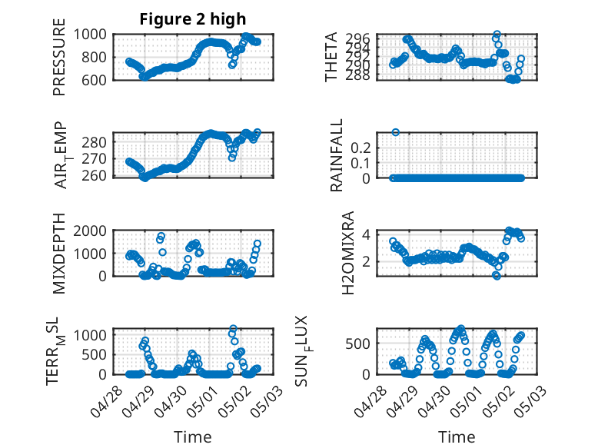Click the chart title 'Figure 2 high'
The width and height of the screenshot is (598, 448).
[x=193, y=19]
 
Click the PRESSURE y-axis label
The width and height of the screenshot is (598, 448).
[x=59, y=57]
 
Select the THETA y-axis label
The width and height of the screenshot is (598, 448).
[x=331, y=57]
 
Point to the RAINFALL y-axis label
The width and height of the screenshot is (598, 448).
[x=337, y=155]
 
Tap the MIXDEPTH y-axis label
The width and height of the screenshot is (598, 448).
[x=59, y=254]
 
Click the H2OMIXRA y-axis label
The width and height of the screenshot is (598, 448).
[x=348, y=253]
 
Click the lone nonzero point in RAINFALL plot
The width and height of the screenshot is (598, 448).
[x=396, y=132]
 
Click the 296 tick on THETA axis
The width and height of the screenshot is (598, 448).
[x=357, y=38]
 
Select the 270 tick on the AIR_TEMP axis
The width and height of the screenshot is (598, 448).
[x=94, y=158]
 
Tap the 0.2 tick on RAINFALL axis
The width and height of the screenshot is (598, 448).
[x=360, y=148]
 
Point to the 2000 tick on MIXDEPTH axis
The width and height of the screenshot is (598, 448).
[x=90, y=231]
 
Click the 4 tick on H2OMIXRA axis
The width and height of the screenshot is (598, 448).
[x=366, y=234]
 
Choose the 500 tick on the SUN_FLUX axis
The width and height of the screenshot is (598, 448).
[x=357, y=343]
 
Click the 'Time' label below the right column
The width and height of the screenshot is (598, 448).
[x=457, y=437]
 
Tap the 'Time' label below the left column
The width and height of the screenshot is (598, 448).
[x=193, y=437]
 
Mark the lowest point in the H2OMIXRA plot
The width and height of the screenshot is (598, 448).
[x=497, y=276]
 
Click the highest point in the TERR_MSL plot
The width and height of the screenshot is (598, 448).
[x=233, y=328]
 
